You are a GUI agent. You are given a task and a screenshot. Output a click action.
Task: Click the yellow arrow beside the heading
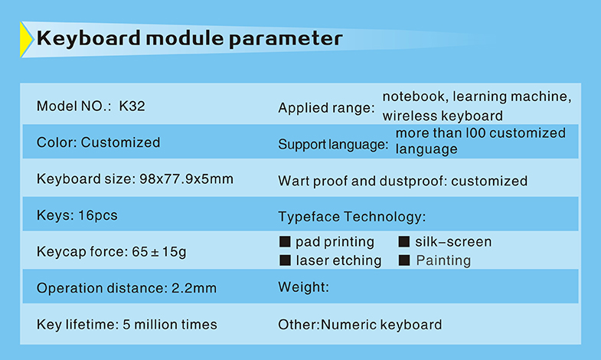26,40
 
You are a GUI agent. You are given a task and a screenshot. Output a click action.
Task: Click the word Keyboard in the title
89,38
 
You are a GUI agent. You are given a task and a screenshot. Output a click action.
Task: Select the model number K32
132,106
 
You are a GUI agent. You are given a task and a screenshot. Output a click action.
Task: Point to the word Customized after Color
120,142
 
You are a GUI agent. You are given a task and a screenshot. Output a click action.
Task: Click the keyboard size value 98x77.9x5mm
186,179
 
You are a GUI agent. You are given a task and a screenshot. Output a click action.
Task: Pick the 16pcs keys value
98,215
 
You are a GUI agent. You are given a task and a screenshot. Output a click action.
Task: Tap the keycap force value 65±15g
159,252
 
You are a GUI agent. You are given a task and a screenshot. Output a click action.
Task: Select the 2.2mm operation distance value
194,288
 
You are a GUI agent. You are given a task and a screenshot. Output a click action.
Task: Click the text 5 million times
170,325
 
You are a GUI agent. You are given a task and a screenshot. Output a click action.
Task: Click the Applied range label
326,108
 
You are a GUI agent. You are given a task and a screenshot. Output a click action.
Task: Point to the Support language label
333,145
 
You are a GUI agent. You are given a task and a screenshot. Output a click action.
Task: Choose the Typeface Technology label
352,217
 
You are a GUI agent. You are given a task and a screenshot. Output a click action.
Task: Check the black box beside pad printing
285,241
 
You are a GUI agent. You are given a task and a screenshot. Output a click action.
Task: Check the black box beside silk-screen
404,241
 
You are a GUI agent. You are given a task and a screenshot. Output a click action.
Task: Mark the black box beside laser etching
285,260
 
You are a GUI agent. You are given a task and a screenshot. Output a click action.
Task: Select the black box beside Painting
404,260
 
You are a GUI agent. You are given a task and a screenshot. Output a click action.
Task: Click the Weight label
304,287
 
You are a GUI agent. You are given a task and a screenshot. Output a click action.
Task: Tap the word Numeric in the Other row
348,325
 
